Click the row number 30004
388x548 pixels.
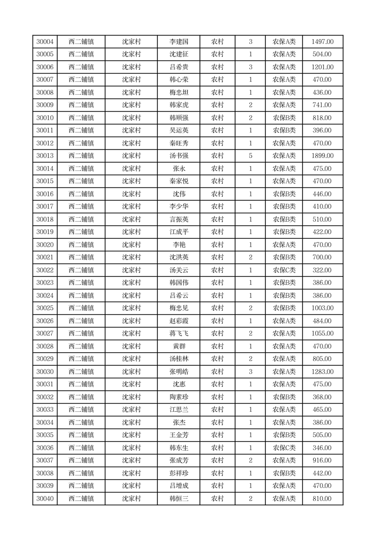[x=45, y=42]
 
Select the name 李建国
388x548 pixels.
[x=178, y=42]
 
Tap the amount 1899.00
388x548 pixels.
[x=323, y=156]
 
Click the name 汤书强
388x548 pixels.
[x=178, y=156]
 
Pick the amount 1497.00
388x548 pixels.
[x=323, y=42]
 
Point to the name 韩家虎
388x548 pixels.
[x=178, y=105]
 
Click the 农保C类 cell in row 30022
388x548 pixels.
[x=284, y=270]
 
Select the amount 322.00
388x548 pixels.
[x=323, y=270]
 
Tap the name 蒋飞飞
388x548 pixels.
[x=178, y=334]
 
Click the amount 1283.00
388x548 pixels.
[x=323, y=372]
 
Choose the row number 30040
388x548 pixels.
[x=45, y=499]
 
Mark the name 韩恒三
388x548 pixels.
[x=178, y=499]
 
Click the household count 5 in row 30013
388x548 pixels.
[x=250, y=156]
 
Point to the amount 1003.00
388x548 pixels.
[x=323, y=308]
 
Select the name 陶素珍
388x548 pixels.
[x=178, y=397]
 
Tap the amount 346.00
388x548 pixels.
[x=323, y=448]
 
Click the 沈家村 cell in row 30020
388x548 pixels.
[x=131, y=245]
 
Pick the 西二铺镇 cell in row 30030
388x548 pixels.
[x=81, y=372]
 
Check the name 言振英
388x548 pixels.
[x=178, y=219]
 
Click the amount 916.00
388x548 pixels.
[x=323, y=461]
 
